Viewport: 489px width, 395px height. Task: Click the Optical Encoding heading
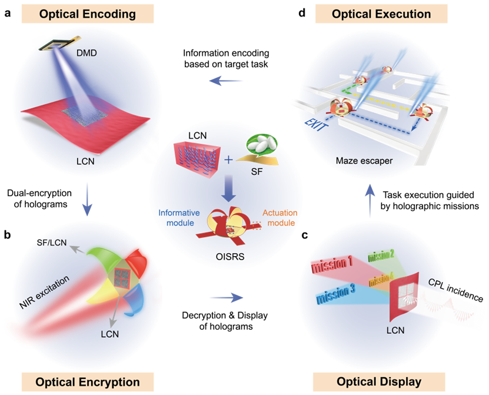(x=88, y=14)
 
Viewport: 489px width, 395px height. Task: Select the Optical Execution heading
(x=381, y=14)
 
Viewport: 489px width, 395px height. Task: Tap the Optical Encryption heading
(x=88, y=382)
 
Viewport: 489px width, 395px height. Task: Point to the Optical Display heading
(x=379, y=382)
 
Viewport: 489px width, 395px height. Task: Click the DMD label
(x=87, y=53)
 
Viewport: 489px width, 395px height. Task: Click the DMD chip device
(x=60, y=44)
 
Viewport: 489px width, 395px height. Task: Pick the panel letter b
(x=7, y=234)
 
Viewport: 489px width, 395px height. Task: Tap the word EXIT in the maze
(x=316, y=124)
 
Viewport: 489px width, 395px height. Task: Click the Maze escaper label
(x=364, y=161)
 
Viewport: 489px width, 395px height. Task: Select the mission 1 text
(x=332, y=264)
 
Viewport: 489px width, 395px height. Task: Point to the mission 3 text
(x=335, y=294)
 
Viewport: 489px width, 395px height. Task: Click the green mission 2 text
(x=381, y=255)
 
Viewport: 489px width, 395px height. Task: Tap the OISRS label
(x=230, y=257)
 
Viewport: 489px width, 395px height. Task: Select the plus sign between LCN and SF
(x=228, y=160)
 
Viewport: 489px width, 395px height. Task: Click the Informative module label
(x=179, y=218)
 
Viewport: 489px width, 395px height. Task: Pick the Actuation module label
(x=280, y=218)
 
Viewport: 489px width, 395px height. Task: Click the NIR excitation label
(x=44, y=292)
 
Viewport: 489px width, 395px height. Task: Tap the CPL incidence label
(x=455, y=290)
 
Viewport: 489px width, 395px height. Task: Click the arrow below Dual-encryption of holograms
(x=87, y=200)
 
